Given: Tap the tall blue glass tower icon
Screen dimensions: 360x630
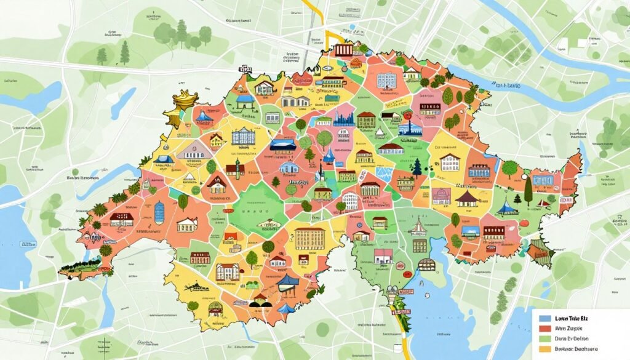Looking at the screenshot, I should pyautogui.click(x=159, y=212).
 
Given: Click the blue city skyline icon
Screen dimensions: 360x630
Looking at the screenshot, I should pyautogui.click(x=344, y=118).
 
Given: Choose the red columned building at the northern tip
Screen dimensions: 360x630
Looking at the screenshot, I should pyautogui.click(x=343, y=50).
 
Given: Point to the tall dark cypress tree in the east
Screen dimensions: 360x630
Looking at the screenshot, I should pyautogui.click(x=528, y=191).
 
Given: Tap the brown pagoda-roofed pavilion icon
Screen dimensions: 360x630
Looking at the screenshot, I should pyautogui.click(x=467, y=198).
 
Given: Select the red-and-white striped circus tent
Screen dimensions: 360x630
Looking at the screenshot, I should pyautogui.click(x=417, y=229).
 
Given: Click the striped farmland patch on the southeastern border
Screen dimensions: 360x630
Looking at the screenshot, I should pyautogui.click(x=541, y=249).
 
